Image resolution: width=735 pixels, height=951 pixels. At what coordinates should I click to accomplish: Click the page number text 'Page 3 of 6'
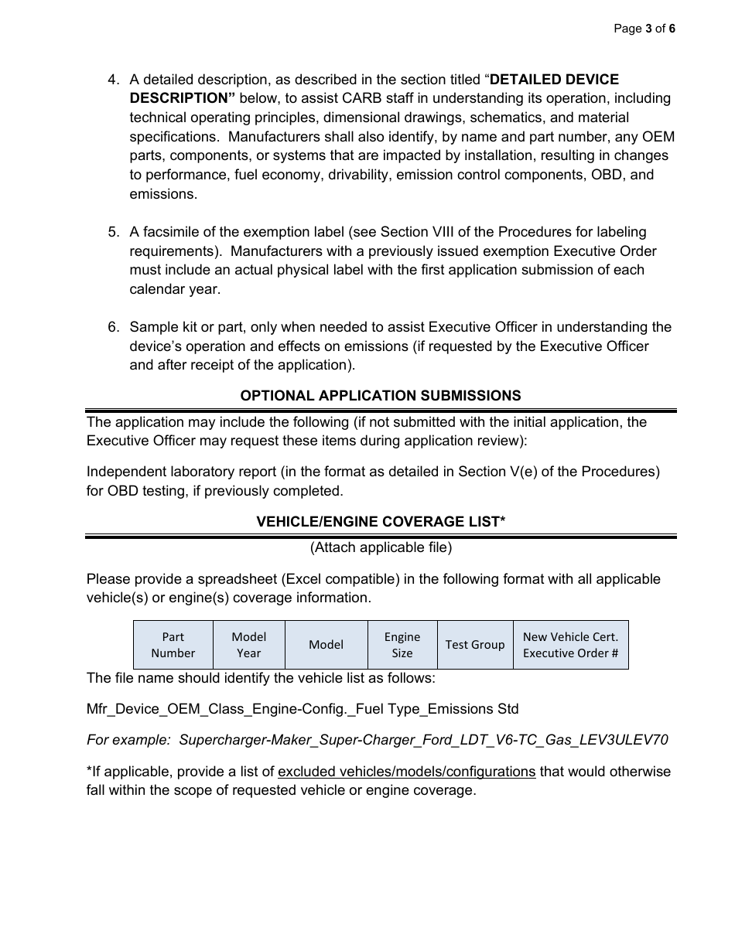coord(644,29)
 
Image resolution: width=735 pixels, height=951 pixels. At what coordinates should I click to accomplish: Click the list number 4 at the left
coord(113,80)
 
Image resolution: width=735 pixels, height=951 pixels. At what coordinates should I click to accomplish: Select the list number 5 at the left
coord(113,232)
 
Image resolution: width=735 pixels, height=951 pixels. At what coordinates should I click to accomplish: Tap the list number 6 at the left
coord(113,327)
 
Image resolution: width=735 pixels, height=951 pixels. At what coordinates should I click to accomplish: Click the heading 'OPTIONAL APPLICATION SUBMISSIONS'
coord(381,396)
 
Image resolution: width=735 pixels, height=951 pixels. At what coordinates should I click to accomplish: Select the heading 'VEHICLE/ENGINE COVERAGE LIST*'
coord(381,522)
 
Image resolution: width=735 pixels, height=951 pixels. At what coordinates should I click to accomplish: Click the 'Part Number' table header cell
coord(173,645)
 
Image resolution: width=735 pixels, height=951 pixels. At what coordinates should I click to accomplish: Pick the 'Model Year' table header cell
coord(248,645)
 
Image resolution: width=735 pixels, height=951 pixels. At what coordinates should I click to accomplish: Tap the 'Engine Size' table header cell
coord(402,645)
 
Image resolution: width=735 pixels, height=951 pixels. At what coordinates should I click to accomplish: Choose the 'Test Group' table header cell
coord(475,645)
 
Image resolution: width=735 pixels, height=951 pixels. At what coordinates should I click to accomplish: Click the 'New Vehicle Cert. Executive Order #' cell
coord(570,645)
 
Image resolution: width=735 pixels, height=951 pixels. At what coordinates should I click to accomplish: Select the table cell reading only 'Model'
coord(326,645)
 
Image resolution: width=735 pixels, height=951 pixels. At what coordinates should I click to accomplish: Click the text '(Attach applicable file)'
coord(381,547)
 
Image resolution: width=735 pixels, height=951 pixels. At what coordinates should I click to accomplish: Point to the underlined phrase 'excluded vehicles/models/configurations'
coord(406,772)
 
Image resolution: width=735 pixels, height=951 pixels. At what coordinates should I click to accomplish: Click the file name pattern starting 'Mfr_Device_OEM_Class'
coord(303,709)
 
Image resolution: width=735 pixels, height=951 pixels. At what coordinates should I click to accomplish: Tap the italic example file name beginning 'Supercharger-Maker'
coord(423,740)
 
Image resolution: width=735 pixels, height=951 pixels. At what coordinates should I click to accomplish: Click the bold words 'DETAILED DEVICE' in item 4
coord(555,80)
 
